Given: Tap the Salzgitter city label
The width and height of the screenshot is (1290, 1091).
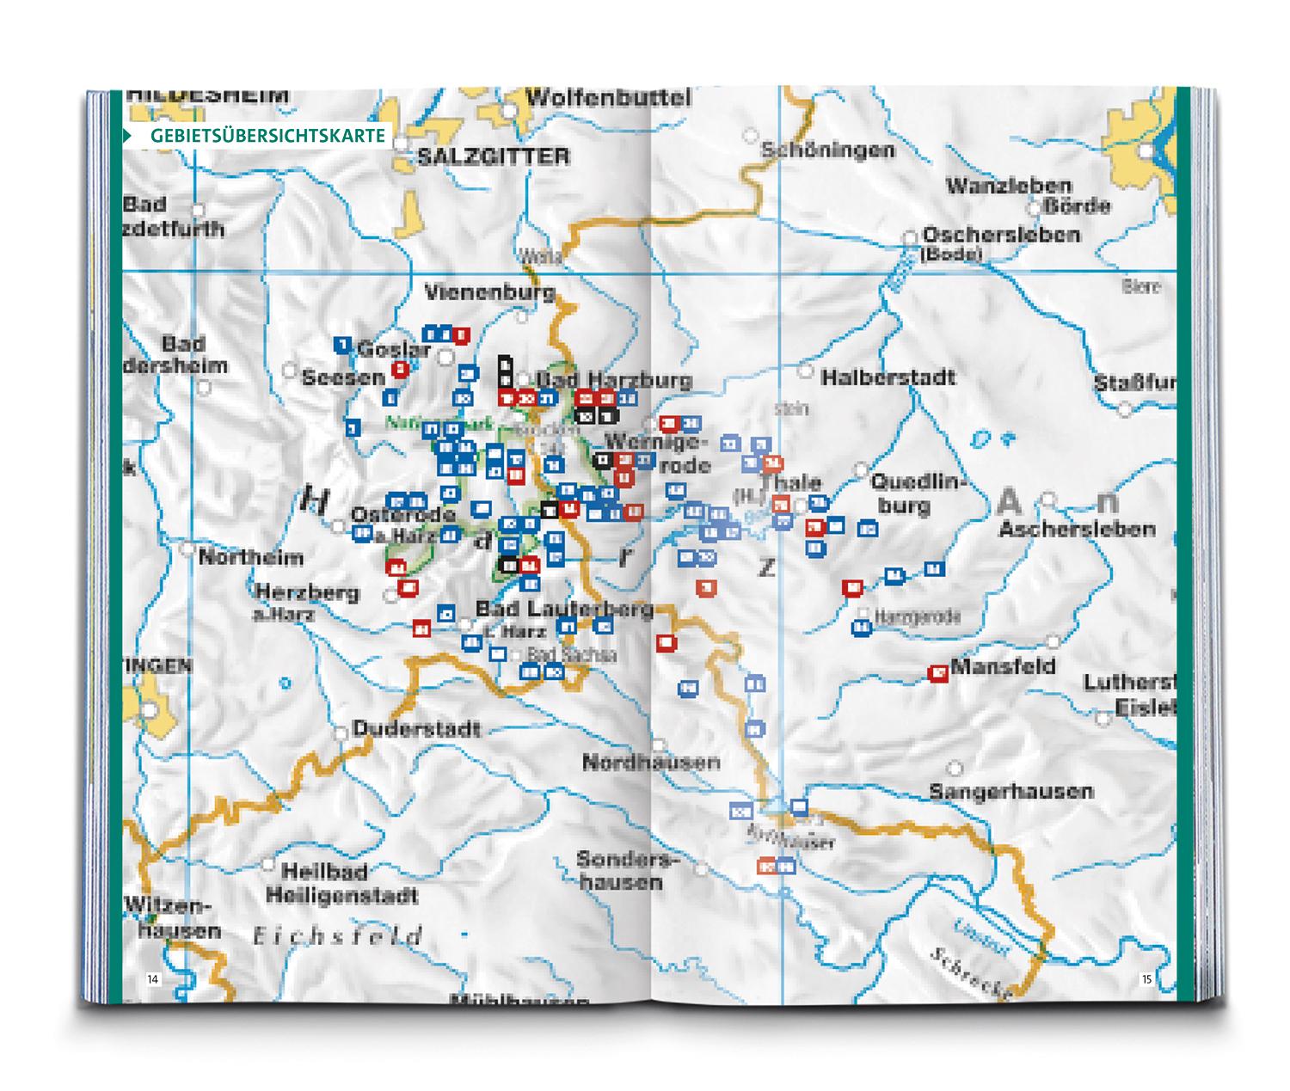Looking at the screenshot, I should click(493, 156).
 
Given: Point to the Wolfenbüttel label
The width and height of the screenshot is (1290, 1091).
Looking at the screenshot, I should click(608, 98).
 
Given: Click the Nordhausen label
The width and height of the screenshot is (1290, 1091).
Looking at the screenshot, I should click(651, 763).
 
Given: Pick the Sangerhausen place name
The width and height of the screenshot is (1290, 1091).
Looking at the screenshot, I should click(1011, 791).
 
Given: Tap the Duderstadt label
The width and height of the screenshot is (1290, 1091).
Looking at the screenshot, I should click(416, 730).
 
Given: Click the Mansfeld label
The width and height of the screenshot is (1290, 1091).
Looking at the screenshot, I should click(1003, 667).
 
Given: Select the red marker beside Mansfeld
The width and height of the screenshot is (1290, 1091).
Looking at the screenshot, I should click(938, 672).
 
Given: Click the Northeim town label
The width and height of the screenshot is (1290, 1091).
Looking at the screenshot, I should click(251, 558).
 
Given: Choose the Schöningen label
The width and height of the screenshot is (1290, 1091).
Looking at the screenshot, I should click(827, 150).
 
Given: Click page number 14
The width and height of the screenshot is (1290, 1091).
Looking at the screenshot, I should click(152, 978).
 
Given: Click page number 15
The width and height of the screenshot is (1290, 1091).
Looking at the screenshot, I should click(1146, 978).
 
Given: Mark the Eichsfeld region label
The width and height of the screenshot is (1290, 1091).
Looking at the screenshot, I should click(338, 936).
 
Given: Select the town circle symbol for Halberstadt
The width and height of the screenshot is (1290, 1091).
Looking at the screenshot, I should click(806, 371).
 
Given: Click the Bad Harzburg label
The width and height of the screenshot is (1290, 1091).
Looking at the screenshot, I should click(614, 379).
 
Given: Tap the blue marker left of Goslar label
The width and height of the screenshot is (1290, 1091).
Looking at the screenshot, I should click(342, 346).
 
